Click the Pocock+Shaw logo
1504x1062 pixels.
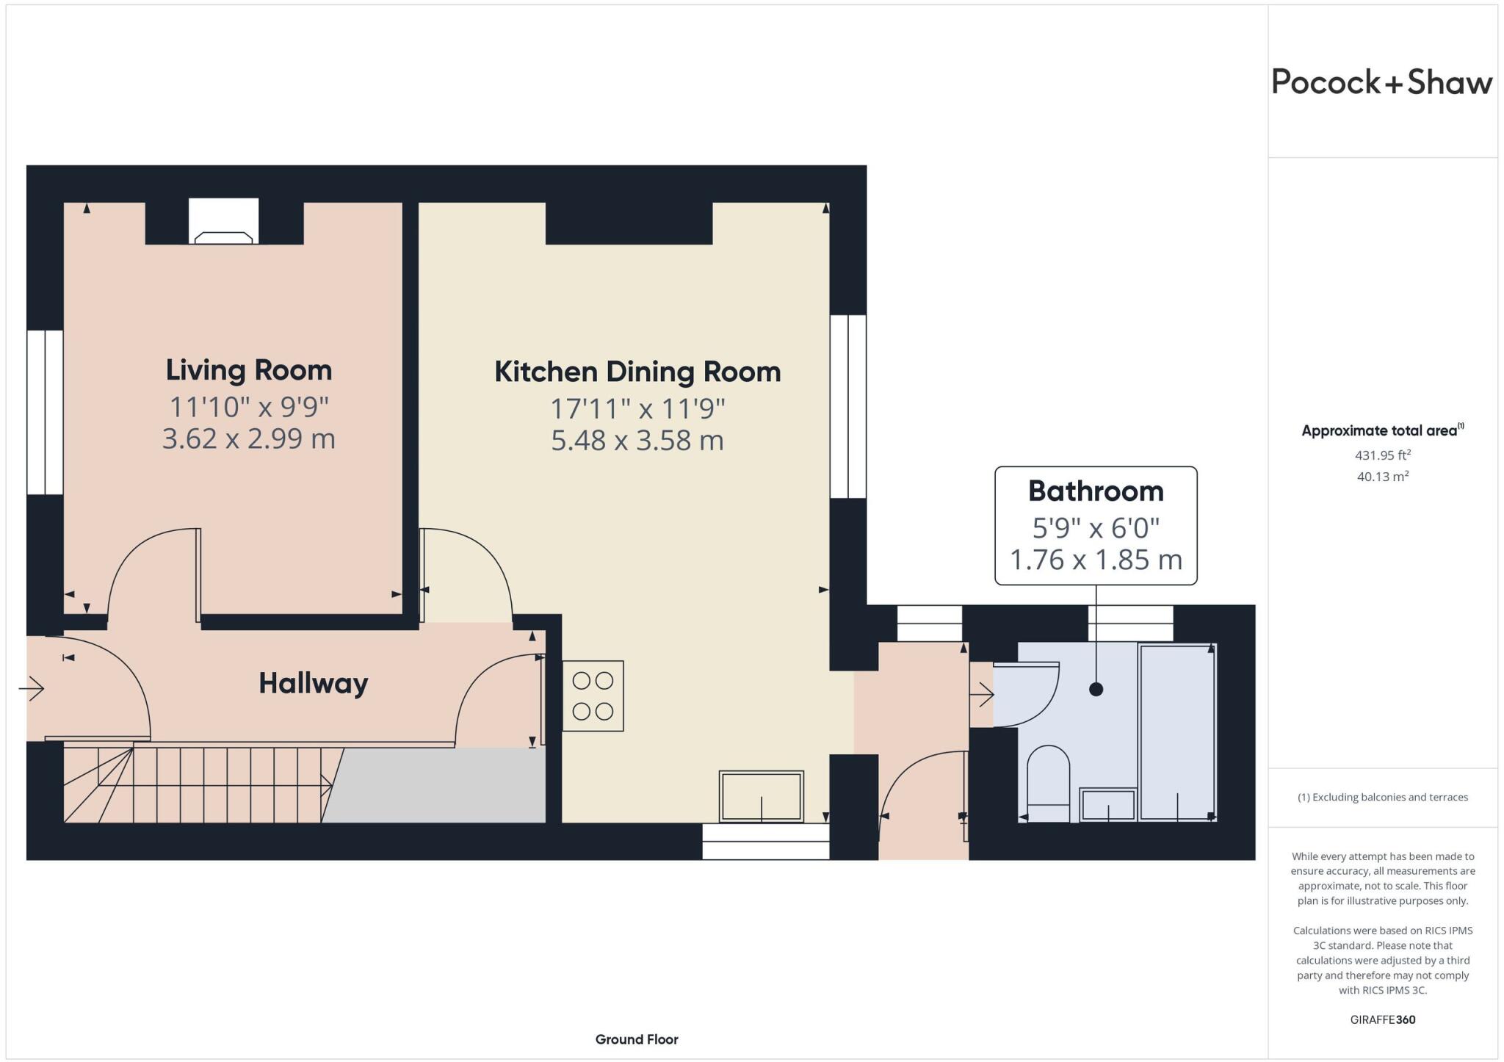click(1381, 82)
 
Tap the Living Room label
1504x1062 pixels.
click(249, 370)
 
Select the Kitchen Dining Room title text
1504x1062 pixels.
click(637, 372)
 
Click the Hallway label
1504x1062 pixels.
click(314, 684)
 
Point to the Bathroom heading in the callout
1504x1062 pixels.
click(1096, 491)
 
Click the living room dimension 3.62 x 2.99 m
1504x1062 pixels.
click(249, 439)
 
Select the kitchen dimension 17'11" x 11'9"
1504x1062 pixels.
click(637, 408)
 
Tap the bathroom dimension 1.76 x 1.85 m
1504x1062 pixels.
click(1096, 560)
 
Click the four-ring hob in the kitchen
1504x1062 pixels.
click(593, 696)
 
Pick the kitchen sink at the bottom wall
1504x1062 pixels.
click(762, 796)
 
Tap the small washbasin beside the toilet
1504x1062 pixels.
click(1108, 805)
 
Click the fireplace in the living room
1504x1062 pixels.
click(224, 222)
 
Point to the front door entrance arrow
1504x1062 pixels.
click(32, 689)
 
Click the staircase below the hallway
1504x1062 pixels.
click(198, 784)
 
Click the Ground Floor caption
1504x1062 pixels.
click(637, 1039)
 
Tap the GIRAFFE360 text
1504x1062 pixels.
click(1382, 1019)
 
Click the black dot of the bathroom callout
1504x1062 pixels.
click(1096, 689)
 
